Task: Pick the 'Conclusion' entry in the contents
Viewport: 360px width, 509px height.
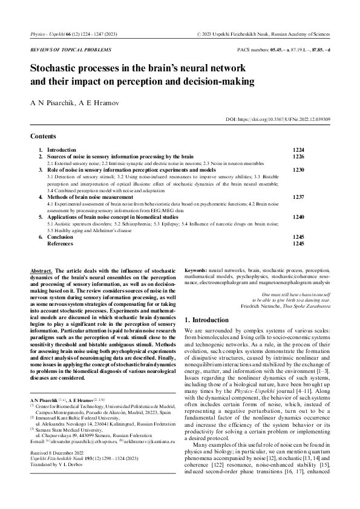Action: (60, 237)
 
